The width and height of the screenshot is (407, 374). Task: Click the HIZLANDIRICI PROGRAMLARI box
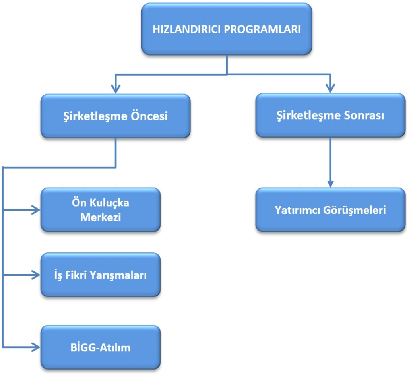[x=227, y=29]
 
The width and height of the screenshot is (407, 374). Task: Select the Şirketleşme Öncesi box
[x=115, y=116]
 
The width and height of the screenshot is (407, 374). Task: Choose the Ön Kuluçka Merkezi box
[x=101, y=210]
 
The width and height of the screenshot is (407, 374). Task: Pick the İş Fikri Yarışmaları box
[x=101, y=275]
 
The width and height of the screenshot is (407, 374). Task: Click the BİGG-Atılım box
[x=101, y=348]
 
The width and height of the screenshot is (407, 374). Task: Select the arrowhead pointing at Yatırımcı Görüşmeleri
[x=329, y=183]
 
